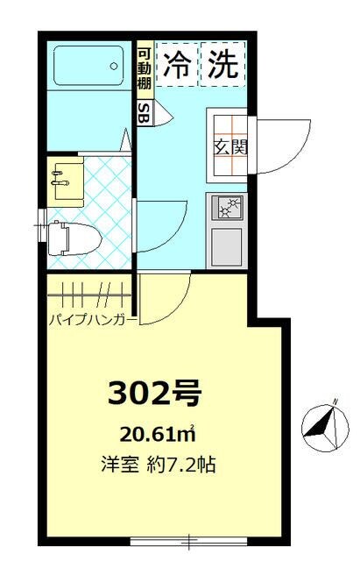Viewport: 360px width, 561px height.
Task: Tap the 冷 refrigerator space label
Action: (178, 67)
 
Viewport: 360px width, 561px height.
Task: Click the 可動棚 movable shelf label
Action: (144, 67)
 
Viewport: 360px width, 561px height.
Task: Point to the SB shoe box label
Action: (144, 111)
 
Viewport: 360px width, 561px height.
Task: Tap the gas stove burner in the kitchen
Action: (228, 208)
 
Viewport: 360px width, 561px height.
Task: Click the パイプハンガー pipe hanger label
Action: (92, 319)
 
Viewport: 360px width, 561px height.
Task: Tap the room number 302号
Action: (154, 394)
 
